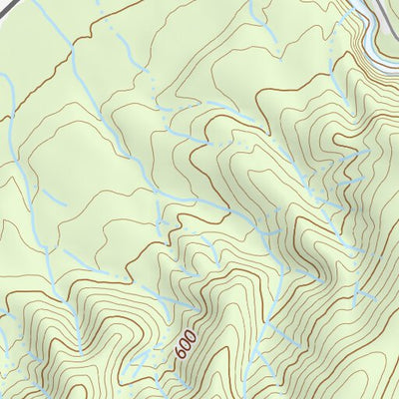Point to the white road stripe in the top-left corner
(19, 4)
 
